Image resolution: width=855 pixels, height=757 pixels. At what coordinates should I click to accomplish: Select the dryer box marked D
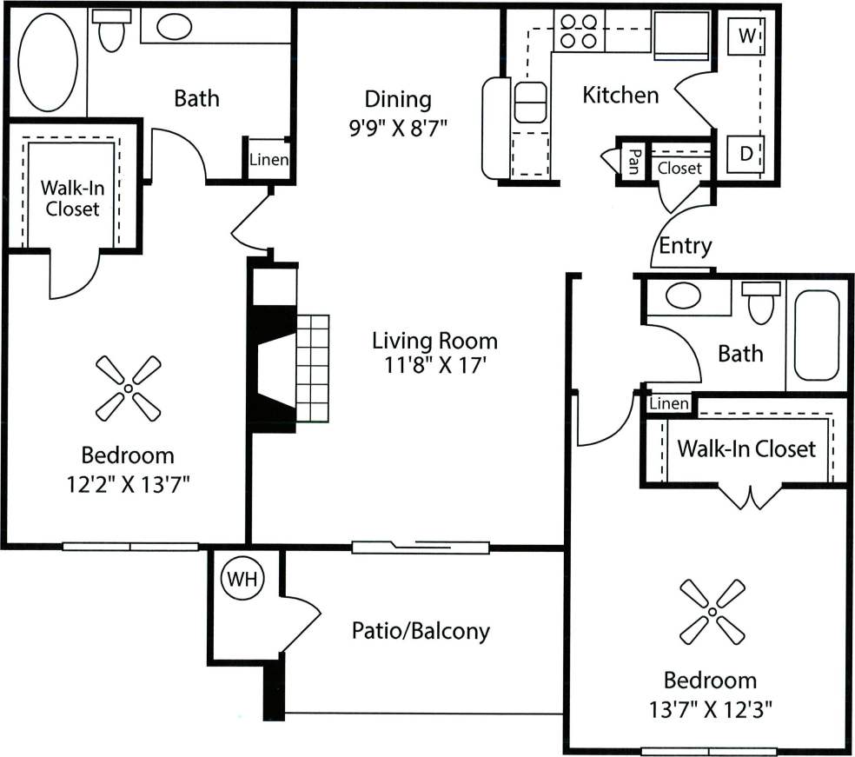[x=746, y=154]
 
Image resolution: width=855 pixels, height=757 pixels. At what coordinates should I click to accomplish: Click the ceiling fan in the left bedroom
[x=128, y=388]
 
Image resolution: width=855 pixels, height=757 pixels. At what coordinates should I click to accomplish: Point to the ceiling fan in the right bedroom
[x=712, y=613]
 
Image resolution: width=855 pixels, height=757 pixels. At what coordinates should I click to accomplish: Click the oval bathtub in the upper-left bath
[x=48, y=60]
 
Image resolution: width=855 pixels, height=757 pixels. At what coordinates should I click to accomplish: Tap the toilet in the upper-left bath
[x=110, y=32]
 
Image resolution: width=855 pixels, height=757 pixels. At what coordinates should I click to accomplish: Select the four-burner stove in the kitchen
[x=578, y=30]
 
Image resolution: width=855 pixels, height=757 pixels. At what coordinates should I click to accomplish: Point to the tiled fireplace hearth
[x=313, y=369]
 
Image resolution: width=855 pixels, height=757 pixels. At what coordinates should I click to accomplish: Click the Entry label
[x=685, y=246]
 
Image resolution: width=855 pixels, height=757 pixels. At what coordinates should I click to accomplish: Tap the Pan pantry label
[x=634, y=160]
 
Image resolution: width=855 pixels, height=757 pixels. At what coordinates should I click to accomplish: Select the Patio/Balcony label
[x=421, y=630]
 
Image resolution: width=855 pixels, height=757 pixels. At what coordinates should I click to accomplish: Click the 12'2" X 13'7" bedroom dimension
[x=128, y=483]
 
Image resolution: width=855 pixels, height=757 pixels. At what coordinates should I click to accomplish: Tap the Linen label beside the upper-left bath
[x=268, y=160]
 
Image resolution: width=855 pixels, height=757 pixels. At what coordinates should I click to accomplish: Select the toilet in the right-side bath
[x=762, y=302]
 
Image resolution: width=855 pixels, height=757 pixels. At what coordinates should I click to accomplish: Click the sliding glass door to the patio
[x=421, y=547]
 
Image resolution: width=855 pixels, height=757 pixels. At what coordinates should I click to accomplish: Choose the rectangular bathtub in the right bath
[x=816, y=335]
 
